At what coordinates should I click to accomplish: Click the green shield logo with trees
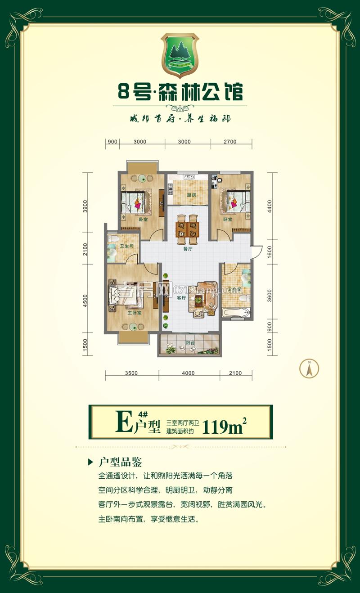pos(180,54)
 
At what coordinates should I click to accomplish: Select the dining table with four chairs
pos(187,226)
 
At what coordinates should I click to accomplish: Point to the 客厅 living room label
pos(181,298)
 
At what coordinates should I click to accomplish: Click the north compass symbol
pos(309,369)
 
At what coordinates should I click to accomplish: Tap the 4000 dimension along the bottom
pos(189,373)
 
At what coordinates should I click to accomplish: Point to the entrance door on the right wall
pos(256,252)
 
